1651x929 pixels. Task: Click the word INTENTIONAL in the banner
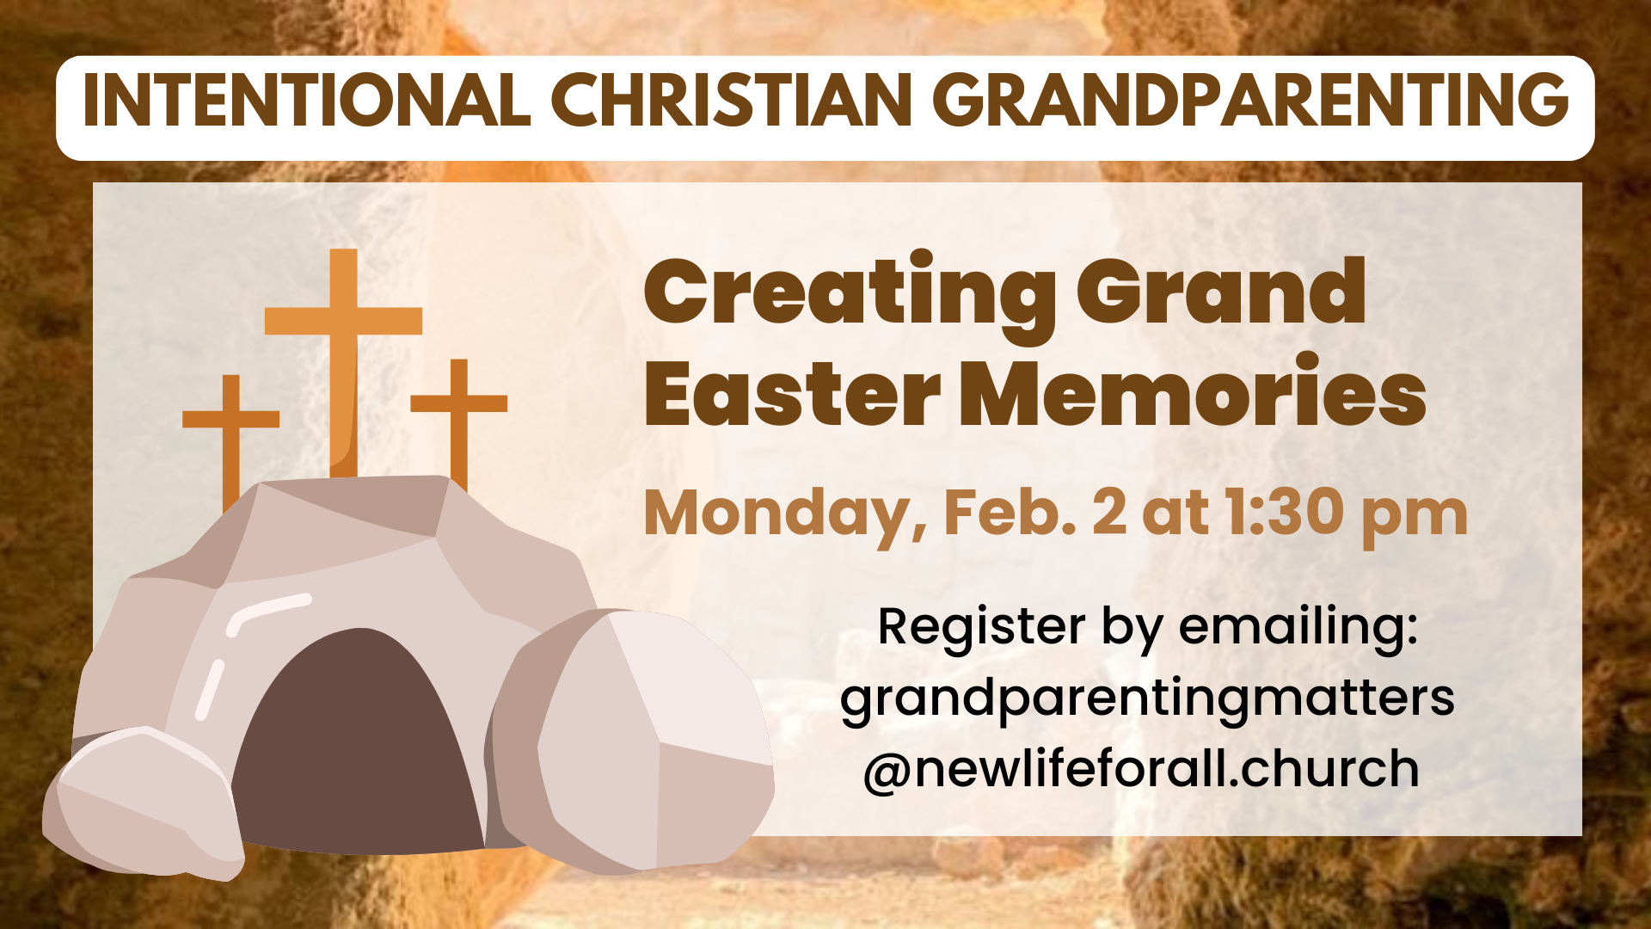(307, 100)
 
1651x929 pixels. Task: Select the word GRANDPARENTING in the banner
(1251, 100)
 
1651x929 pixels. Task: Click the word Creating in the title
(850, 294)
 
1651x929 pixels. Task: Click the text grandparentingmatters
(1147, 698)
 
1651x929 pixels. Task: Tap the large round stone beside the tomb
(632, 740)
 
